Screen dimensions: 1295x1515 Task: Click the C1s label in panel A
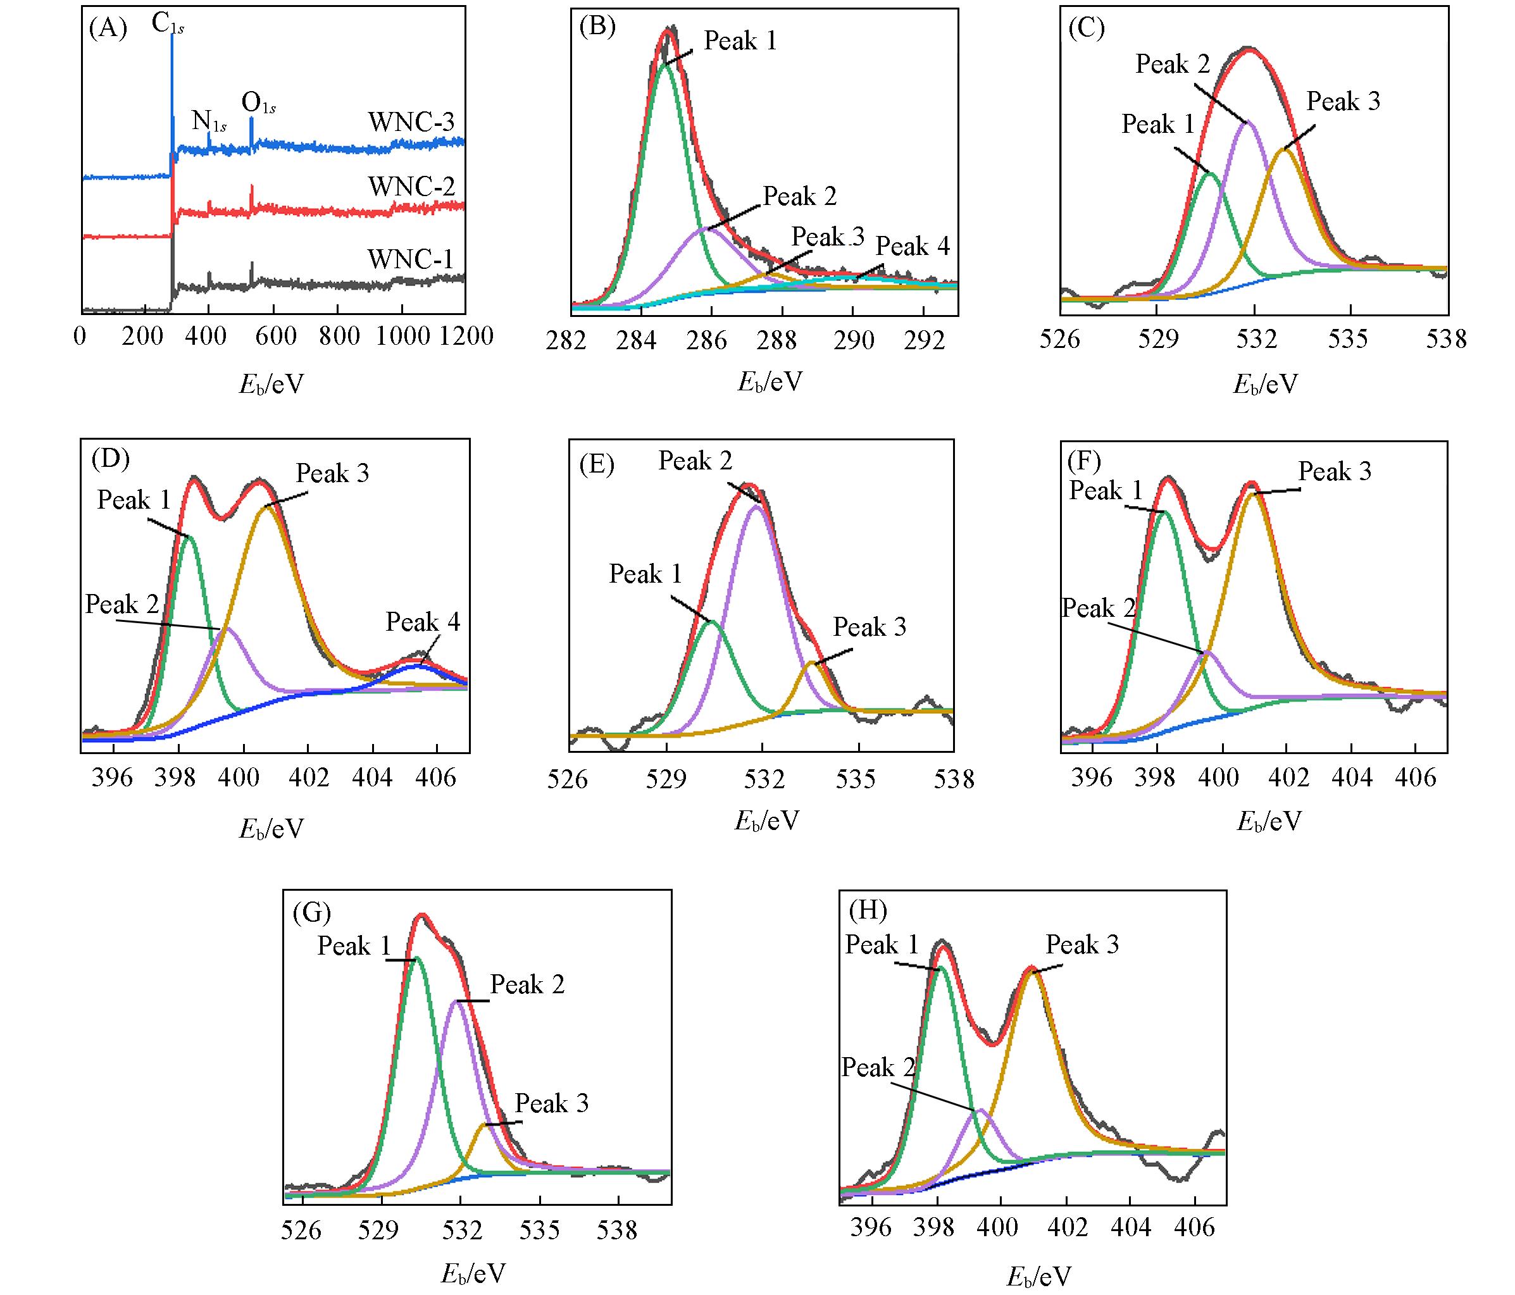click(x=168, y=25)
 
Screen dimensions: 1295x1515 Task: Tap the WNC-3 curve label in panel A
click(x=411, y=122)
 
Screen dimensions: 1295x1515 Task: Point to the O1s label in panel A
click(x=258, y=104)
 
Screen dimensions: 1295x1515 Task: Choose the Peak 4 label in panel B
click(x=913, y=247)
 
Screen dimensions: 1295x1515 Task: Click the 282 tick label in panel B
click(x=566, y=340)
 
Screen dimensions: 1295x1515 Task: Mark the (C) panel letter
click(x=1086, y=28)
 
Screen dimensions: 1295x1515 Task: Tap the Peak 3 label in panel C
click(x=1343, y=102)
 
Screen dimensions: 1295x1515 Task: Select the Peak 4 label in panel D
click(x=423, y=622)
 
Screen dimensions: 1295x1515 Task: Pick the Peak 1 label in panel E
click(x=645, y=574)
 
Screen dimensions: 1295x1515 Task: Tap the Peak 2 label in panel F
click(x=1099, y=608)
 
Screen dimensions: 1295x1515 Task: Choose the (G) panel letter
click(x=311, y=913)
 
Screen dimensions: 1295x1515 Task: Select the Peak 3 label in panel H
click(x=1082, y=945)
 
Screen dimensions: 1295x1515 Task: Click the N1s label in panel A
click(x=208, y=121)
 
